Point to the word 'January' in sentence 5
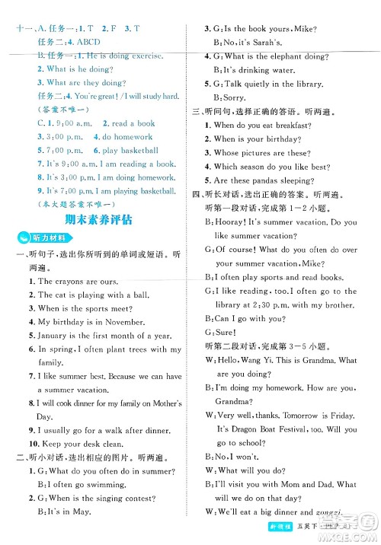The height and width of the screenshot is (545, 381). point(53,336)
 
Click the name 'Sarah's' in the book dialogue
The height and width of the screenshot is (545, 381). point(281,43)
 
